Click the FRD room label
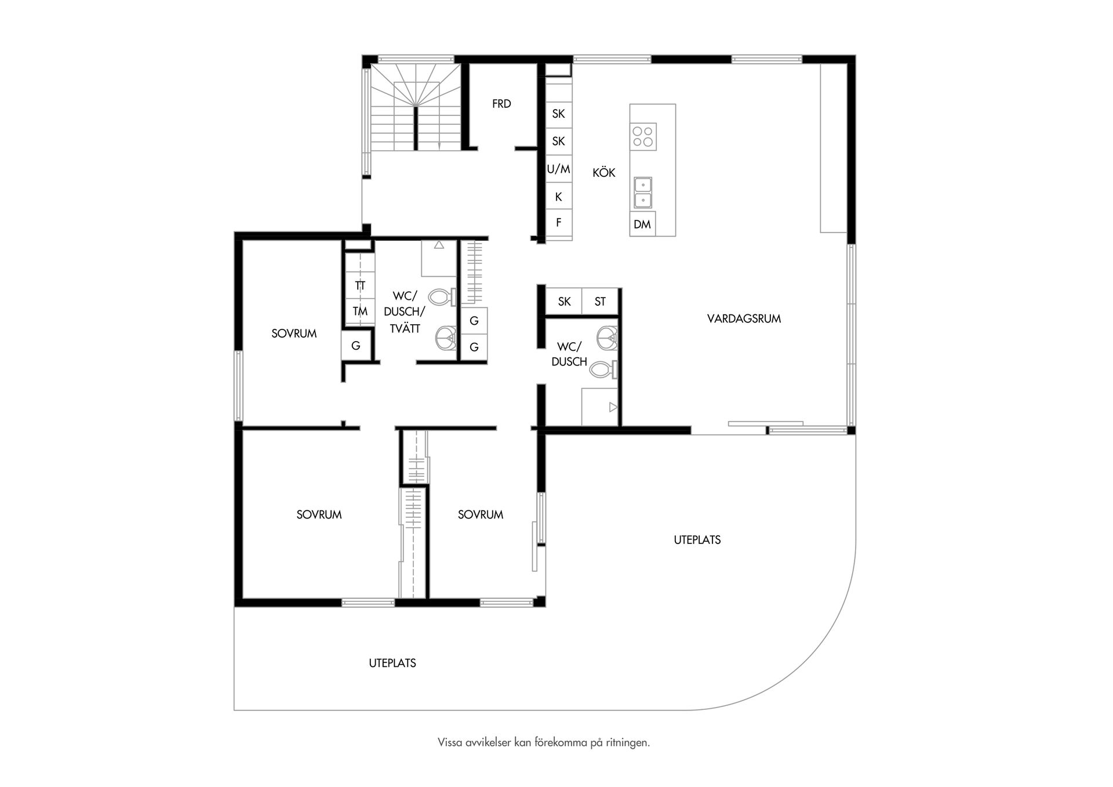coord(501,104)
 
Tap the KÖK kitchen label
coord(603,173)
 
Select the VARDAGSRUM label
coord(744,318)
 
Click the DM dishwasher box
coord(642,224)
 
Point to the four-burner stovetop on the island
coord(643,136)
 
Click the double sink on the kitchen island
coord(643,193)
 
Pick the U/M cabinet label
coord(559,169)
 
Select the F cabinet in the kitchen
coord(559,222)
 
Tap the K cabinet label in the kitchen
coord(559,197)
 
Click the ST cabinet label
coord(600,302)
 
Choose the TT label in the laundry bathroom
coord(360,286)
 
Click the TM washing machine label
coord(360,311)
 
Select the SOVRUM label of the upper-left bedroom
coord(294,333)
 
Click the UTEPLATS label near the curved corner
coord(697,540)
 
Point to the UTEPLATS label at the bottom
coord(392,663)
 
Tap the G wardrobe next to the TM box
coord(356,346)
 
